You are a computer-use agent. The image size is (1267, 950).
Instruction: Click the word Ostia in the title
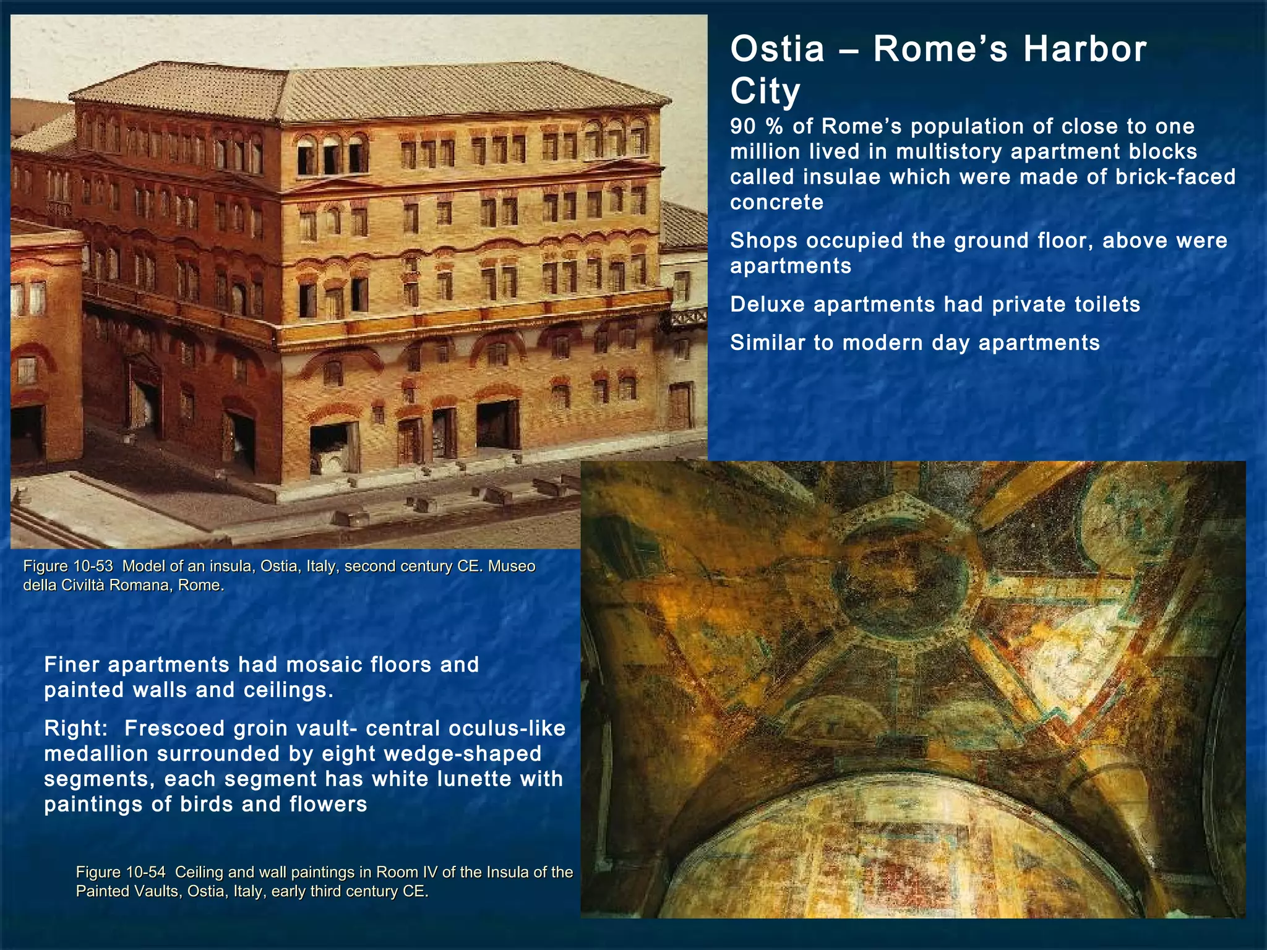[777, 49]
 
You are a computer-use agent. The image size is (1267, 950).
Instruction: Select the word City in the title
[765, 92]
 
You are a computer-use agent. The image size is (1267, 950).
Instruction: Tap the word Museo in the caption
[512, 566]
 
